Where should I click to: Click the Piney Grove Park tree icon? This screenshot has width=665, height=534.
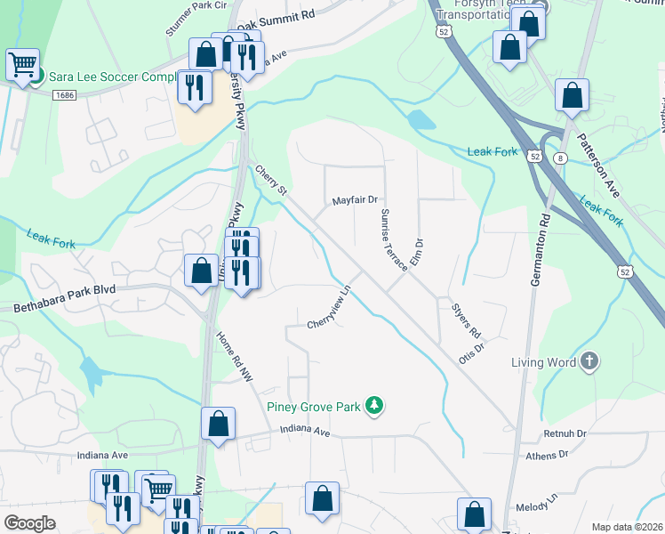coord(375,407)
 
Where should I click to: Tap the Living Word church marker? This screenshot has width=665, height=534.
coord(589,362)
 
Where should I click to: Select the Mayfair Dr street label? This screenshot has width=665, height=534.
coord(356,201)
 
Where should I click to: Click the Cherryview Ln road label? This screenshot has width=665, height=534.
coord(331,306)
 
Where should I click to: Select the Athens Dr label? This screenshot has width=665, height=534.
coord(548,455)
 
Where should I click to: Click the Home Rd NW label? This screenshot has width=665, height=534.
coord(235,357)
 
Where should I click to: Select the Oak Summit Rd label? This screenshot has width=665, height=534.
coord(276,19)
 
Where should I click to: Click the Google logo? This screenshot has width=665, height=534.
coord(29,522)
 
